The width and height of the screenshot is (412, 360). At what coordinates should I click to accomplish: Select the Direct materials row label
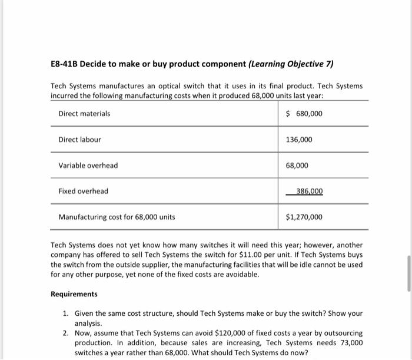84,113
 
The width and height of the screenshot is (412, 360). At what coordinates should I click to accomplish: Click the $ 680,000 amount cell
304,113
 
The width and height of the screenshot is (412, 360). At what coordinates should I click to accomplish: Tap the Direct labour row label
79,140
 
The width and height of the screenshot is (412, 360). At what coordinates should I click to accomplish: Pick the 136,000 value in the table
299,140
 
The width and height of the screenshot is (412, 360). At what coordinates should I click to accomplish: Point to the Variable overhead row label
88,166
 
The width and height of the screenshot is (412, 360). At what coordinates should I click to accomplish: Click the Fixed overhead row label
83,191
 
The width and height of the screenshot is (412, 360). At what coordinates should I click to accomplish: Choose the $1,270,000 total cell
304,217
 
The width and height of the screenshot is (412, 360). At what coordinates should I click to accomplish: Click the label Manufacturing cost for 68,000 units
117,217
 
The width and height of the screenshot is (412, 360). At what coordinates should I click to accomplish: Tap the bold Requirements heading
74,294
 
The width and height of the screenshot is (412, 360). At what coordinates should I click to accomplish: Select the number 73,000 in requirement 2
351,343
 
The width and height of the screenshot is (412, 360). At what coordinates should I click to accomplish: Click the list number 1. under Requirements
65,314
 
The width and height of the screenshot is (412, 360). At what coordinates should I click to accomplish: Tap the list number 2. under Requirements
65,333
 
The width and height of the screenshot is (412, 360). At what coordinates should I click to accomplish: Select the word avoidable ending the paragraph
242,274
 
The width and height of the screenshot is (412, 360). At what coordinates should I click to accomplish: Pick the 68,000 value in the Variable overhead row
297,166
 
